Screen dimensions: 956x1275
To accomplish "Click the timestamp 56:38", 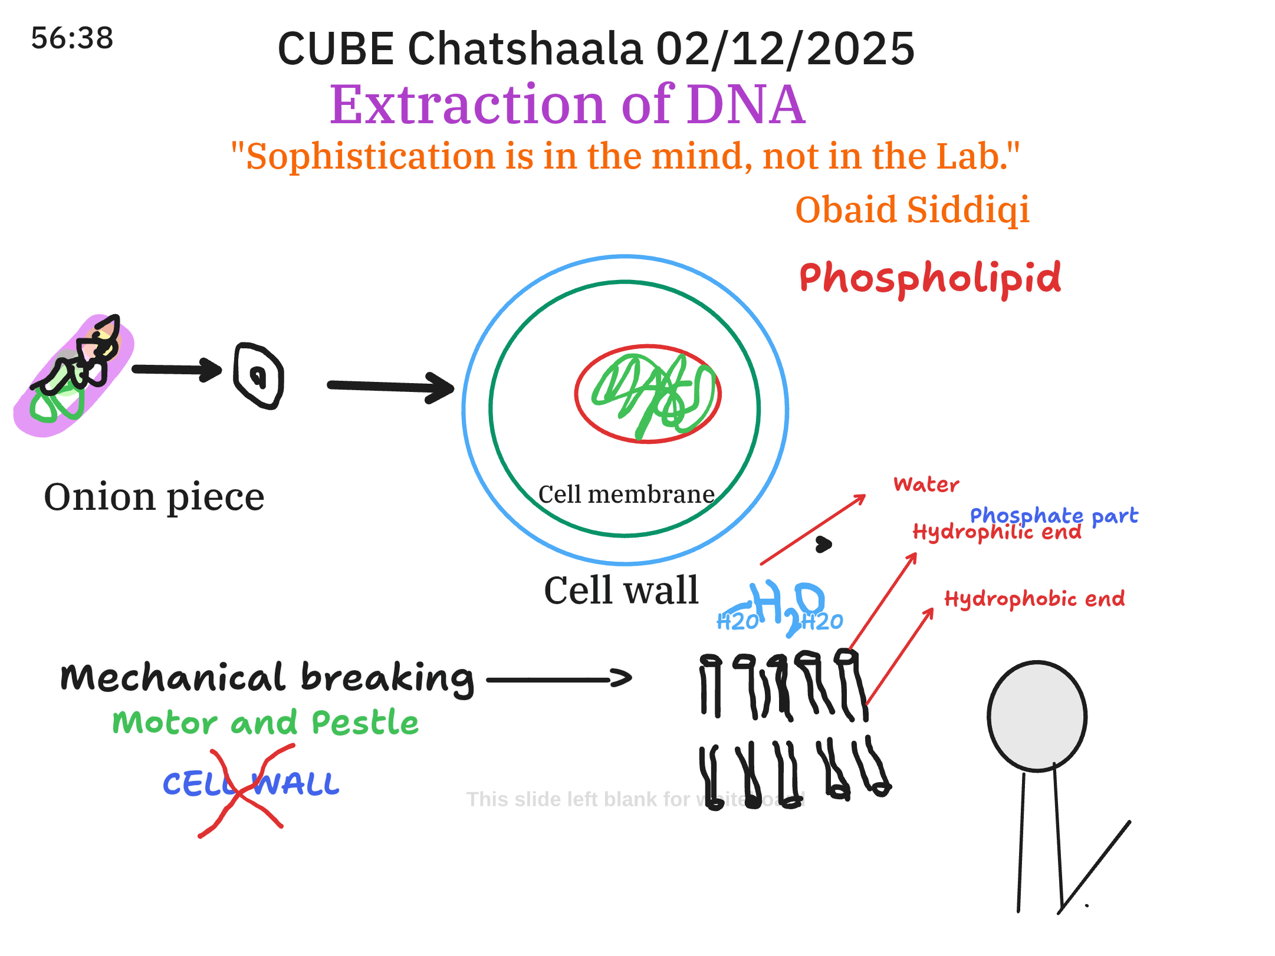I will pyautogui.click(x=72, y=38).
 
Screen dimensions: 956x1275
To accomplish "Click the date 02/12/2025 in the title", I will pyautogui.click(x=785, y=49).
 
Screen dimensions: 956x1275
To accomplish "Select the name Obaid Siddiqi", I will pyautogui.click(x=912, y=210).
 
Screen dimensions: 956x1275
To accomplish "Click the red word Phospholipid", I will pyautogui.click(x=930, y=278).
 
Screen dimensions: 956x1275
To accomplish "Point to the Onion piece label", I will pyautogui.click(x=154, y=497).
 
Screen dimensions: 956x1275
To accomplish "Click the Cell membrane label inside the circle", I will pyautogui.click(x=626, y=495).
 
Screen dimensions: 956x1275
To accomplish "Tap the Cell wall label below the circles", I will pyautogui.click(x=621, y=590).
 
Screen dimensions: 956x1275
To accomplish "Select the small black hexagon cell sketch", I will pyautogui.click(x=258, y=375).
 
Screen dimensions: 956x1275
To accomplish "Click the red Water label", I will pyautogui.click(x=926, y=484).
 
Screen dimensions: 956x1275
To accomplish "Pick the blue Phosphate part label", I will pyautogui.click(x=1054, y=515).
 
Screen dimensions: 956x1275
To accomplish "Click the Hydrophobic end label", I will pyautogui.click(x=1034, y=599).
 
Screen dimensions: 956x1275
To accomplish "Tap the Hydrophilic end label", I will pyautogui.click(x=997, y=532).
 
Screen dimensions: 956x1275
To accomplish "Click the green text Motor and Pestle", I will pyautogui.click(x=265, y=723).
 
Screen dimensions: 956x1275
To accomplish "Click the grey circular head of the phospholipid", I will pyautogui.click(x=1037, y=716).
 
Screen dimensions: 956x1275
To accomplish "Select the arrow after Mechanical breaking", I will pyautogui.click(x=559, y=679).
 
